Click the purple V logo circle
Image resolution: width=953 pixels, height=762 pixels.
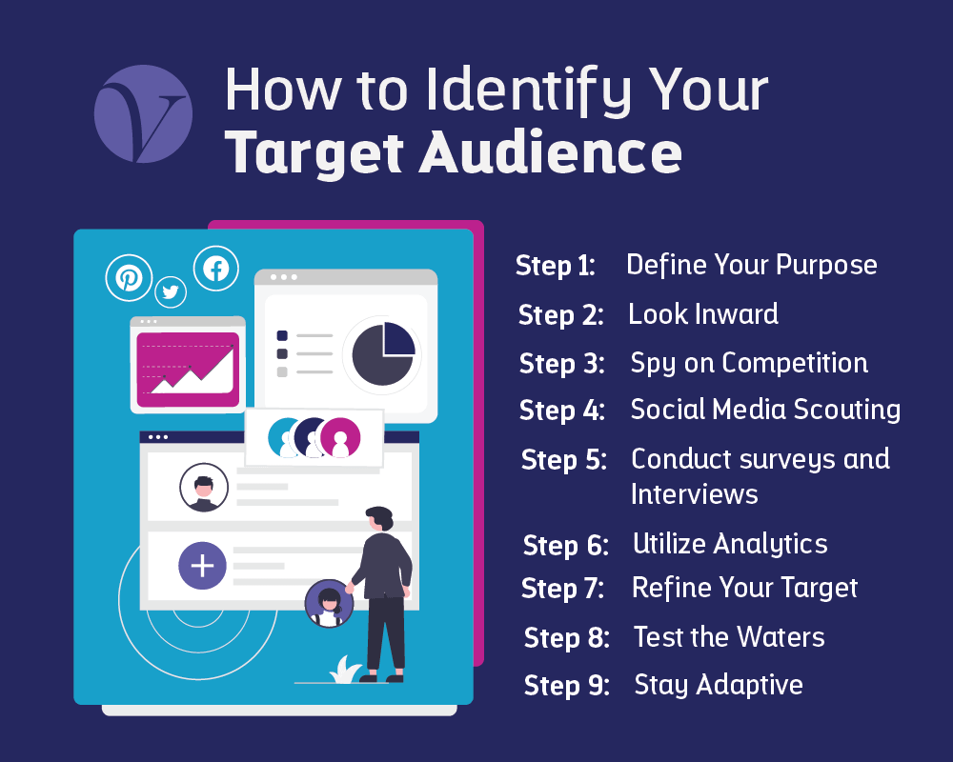pos(143,114)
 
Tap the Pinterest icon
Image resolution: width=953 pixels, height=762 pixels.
pos(129,277)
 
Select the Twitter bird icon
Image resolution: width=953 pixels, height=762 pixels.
pos(171,292)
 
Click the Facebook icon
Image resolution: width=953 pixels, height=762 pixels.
pos(216,269)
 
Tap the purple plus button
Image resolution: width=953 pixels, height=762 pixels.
pos(202,566)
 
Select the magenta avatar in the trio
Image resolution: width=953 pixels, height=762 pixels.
pos(340,437)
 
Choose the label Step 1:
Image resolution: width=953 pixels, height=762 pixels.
pos(556,266)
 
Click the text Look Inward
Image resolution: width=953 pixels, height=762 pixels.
pos(703,314)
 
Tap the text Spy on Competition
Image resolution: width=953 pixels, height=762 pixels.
pos(749,363)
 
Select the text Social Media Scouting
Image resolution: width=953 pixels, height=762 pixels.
pos(765,410)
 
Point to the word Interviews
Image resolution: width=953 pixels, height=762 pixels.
pos(695,494)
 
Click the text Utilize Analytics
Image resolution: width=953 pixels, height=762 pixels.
pos(730,544)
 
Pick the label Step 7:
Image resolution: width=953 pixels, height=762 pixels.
pos(563,590)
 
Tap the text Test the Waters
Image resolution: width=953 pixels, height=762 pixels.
pos(729,637)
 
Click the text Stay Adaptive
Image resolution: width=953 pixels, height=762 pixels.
pos(719,685)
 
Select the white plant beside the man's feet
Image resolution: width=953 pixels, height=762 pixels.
pos(344,670)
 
